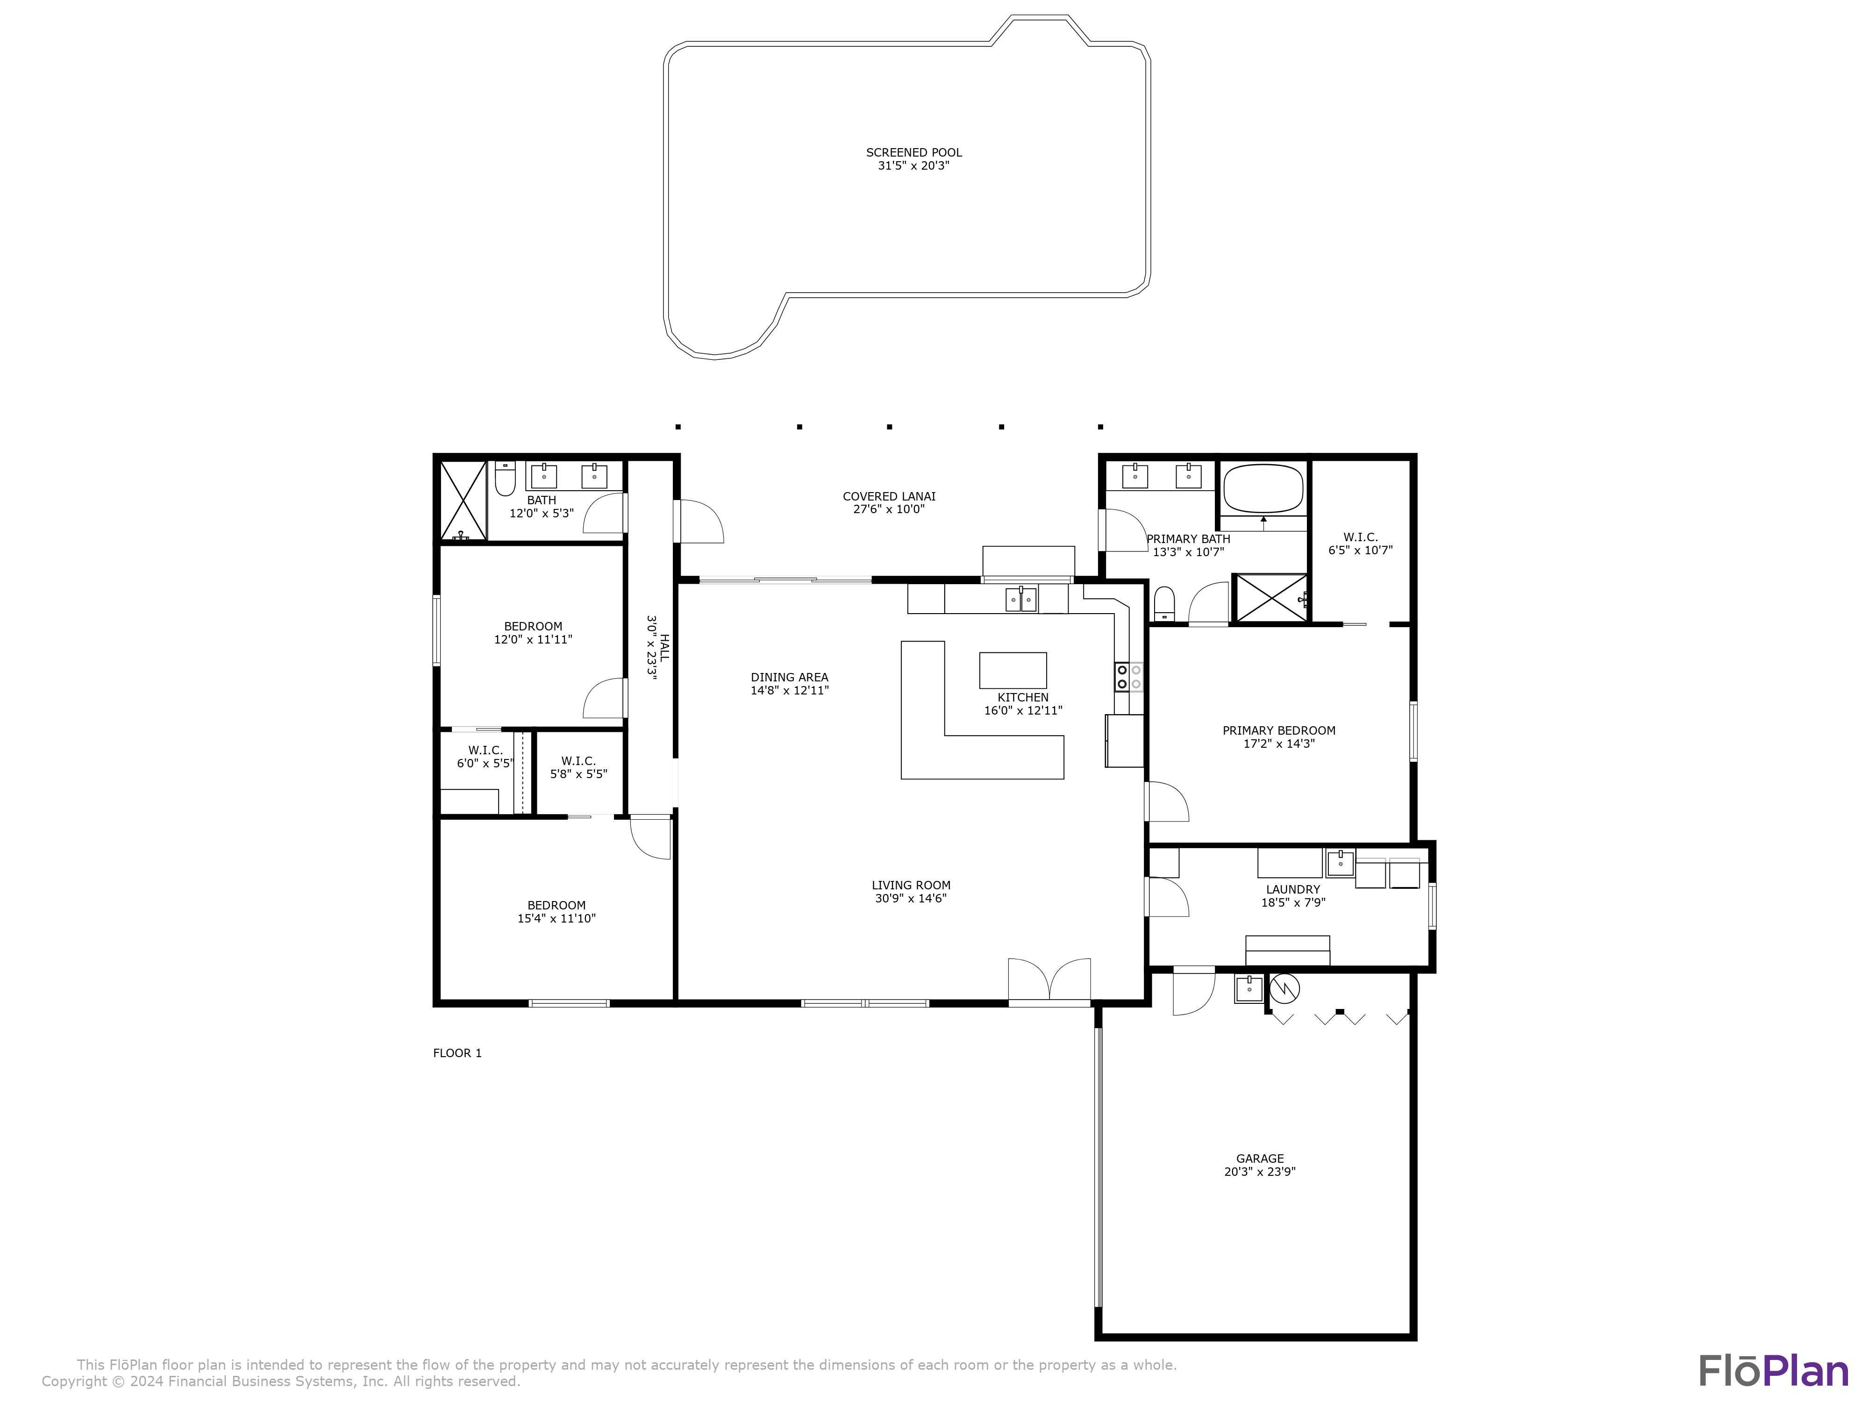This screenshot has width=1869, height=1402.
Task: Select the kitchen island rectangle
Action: (1012, 670)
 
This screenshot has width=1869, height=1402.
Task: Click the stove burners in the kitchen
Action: (1129, 677)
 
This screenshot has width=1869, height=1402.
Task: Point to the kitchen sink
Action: (1020, 600)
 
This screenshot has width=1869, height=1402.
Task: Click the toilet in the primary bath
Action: (1164, 602)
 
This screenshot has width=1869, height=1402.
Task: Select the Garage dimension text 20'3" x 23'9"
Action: (1259, 1171)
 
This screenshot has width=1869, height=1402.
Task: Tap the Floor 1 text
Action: (457, 1053)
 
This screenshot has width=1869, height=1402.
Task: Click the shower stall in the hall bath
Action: (463, 501)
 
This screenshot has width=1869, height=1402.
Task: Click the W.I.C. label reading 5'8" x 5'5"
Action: (579, 767)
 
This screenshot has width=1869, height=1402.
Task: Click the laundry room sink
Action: (1340, 864)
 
